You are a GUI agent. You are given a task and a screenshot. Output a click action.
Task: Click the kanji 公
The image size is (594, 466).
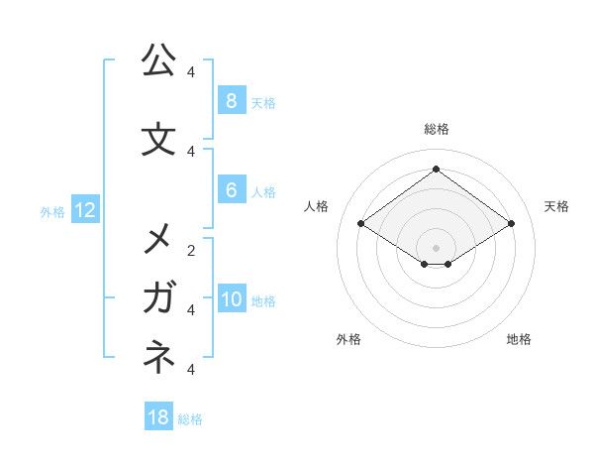pyautogui.click(x=157, y=60)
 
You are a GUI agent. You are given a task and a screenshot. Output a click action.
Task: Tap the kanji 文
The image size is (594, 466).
pyautogui.click(x=157, y=140)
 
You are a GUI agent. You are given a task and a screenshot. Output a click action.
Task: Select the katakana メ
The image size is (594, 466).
pyautogui.click(x=157, y=239)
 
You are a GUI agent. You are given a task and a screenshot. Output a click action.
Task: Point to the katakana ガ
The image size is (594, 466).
pyautogui.click(x=158, y=297)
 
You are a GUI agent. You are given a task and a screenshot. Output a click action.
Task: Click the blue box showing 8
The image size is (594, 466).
pyautogui.click(x=231, y=101)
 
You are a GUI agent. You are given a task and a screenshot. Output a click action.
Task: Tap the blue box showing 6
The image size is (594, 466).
pyautogui.click(x=231, y=191)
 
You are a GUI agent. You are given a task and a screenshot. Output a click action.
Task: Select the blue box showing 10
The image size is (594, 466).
pyautogui.click(x=231, y=300)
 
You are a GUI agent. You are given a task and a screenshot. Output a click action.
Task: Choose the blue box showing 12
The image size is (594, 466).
pyautogui.click(x=85, y=210)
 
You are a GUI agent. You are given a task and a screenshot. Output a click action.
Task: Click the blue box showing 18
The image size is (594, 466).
pyautogui.click(x=158, y=417)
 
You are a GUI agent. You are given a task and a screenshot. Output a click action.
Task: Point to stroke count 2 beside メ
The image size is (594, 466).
pyautogui.click(x=191, y=250)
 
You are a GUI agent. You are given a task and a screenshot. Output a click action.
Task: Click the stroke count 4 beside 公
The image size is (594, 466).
pyautogui.click(x=191, y=71)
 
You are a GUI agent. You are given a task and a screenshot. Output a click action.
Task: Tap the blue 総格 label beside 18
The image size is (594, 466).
pyautogui.click(x=190, y=419)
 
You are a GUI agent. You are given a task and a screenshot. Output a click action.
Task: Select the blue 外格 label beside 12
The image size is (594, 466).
pyautogui.click(x=51, y=211)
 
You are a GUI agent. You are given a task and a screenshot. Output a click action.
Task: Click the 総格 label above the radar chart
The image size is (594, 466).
pyautogui.click(x=436, y=129)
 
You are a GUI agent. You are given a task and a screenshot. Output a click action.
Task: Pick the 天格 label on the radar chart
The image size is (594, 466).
pyautogui.click(x=556, y=206)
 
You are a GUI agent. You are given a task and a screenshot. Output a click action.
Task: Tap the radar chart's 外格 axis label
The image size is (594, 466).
pyautogui.click(x=348, y=339)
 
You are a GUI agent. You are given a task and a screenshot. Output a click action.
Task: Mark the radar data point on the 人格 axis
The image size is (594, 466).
pyautogui.click(x=361, y=224)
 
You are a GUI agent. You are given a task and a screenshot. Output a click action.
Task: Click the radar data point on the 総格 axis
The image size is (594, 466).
pyautogui.click(x=436, y=169)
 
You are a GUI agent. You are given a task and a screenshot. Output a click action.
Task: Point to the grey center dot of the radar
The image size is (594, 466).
pyautogui.click(x=436, y=247)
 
